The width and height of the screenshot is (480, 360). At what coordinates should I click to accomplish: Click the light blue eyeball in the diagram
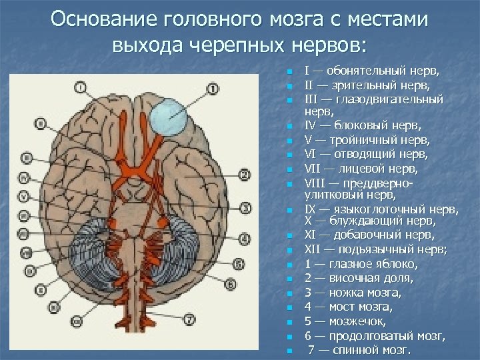[x=168, y=119]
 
